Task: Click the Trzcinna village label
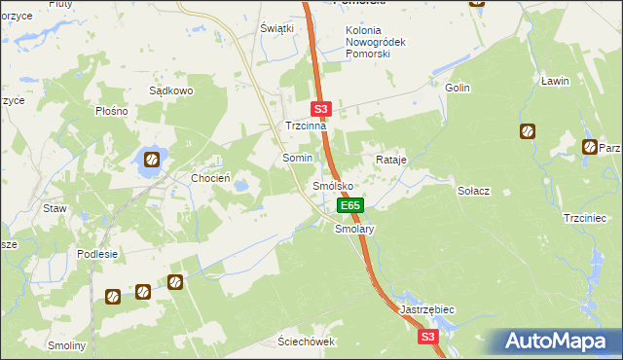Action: pos(305,126)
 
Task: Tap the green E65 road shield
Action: pos(350,206)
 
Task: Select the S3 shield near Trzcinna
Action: pos(322,110)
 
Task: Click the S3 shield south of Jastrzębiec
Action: pos(427,337)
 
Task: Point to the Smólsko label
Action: pos(331,185)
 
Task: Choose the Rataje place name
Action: pos(390,159)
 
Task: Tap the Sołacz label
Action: pos(472,191)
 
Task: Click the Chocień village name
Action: pos(210,178)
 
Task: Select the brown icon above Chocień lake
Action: pos(151,159)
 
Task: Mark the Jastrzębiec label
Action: pos(427,308)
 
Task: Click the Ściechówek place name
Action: pos(306,342)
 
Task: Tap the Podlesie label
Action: pos(97,254)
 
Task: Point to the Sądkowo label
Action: pos(171,90)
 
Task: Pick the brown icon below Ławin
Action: pos(527,130)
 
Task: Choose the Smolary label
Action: pos(354,230)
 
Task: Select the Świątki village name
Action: pos(276,28)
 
